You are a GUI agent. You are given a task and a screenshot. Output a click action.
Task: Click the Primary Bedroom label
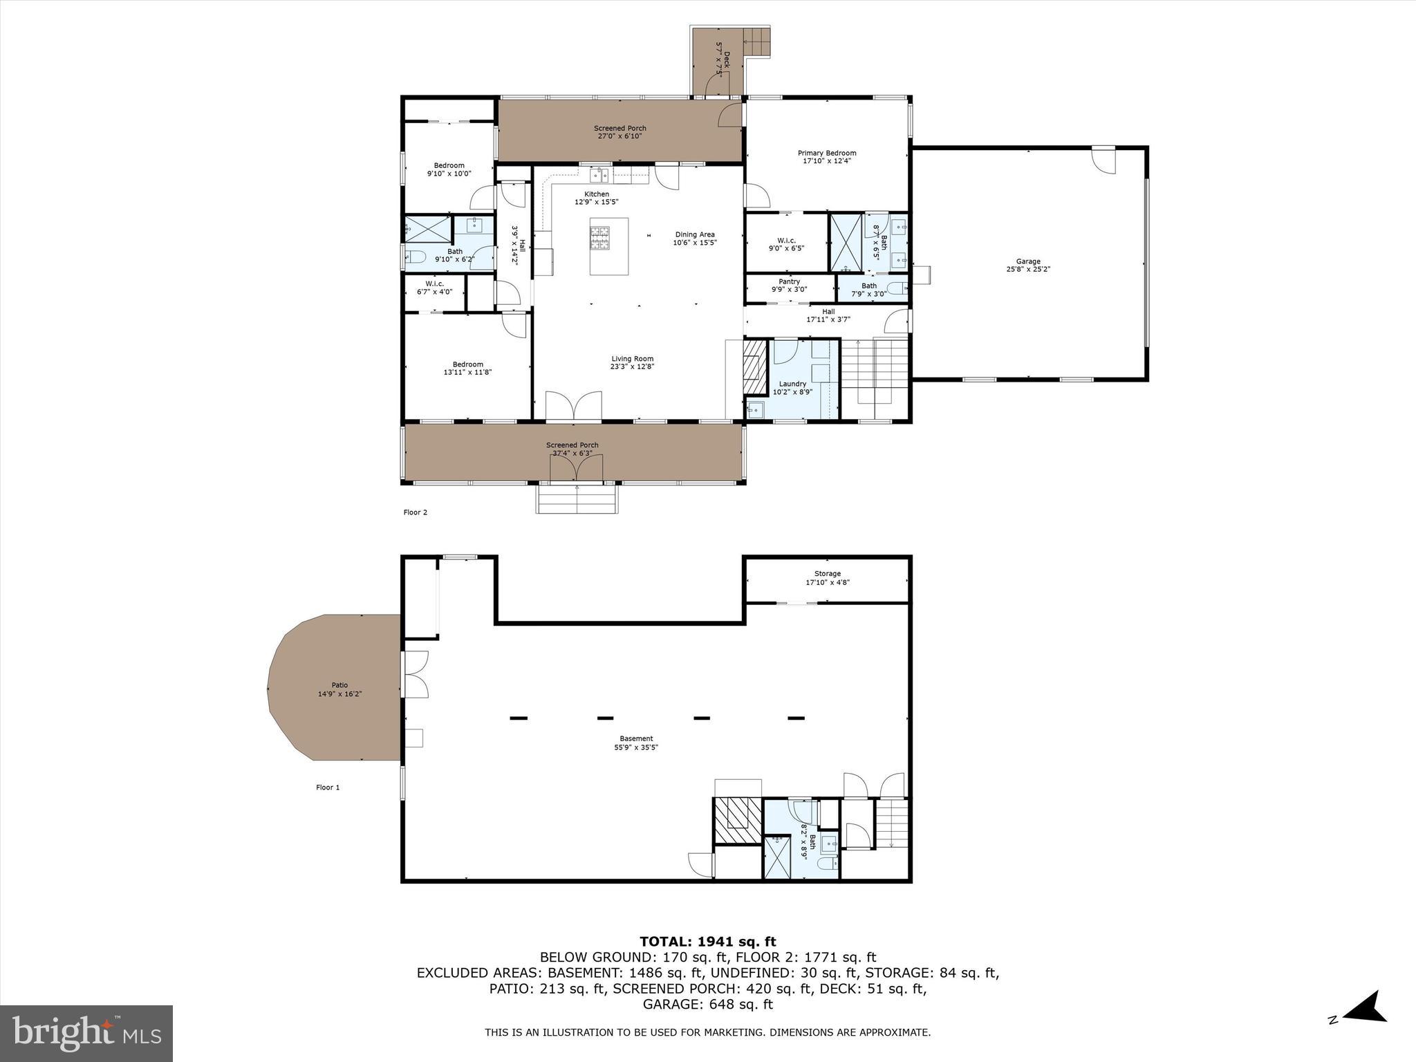[x=827, y=153]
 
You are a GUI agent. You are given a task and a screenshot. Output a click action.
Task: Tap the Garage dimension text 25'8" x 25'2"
[x=1028, y=270]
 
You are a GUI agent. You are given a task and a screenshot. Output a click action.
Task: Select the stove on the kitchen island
[x=600, y=237]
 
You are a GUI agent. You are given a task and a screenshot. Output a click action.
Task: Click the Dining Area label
[x=694, y=234]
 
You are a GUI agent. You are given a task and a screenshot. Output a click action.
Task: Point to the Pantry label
[x=789, y=281]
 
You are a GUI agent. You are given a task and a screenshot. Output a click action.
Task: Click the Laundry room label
[x=792, y=384]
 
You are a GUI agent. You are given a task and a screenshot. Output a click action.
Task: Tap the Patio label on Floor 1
[x=339, y=685]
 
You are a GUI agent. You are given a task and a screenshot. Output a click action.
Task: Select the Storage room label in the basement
[x=827, y=573]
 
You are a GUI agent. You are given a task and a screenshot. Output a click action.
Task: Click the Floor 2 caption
[x=416, y=512]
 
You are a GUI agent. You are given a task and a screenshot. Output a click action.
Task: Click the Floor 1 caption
[x=328, y=787]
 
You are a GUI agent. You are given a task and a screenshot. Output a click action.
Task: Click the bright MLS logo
[x=86, y=1034]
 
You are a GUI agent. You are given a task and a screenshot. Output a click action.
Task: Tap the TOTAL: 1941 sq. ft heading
[x=707, y=941]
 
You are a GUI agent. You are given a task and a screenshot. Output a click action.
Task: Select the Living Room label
[x=632, y=359]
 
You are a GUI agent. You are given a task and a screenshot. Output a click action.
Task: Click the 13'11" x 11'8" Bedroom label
[x=468, y=368]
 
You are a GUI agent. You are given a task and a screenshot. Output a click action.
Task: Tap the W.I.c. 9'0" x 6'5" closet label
[x=787, y=241]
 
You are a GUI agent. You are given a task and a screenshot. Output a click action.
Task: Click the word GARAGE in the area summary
[x=671, y=1004]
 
